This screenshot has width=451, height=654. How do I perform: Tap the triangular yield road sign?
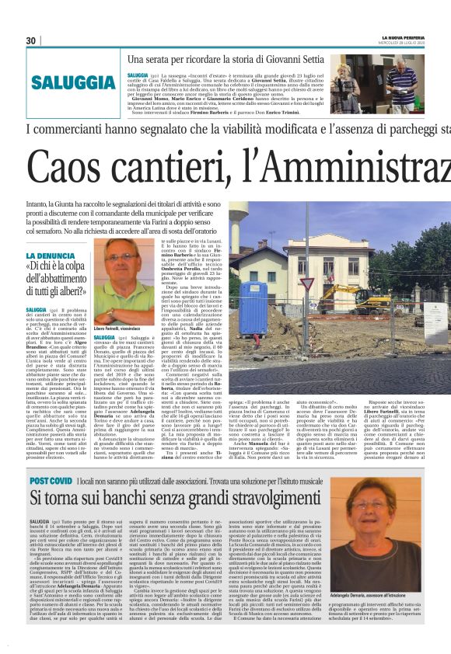coord(308,284)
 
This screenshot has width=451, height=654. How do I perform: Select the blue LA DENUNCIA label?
coord(51,256)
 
